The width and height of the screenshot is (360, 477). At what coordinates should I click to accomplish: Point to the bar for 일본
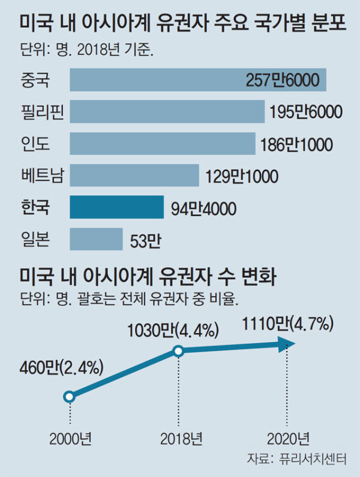click(96, 239)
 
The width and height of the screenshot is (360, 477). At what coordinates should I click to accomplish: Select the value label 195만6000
click(305, 112)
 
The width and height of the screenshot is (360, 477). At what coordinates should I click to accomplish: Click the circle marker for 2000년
click(69, 396)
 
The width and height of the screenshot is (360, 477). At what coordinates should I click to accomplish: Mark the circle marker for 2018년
click(178, 351)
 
